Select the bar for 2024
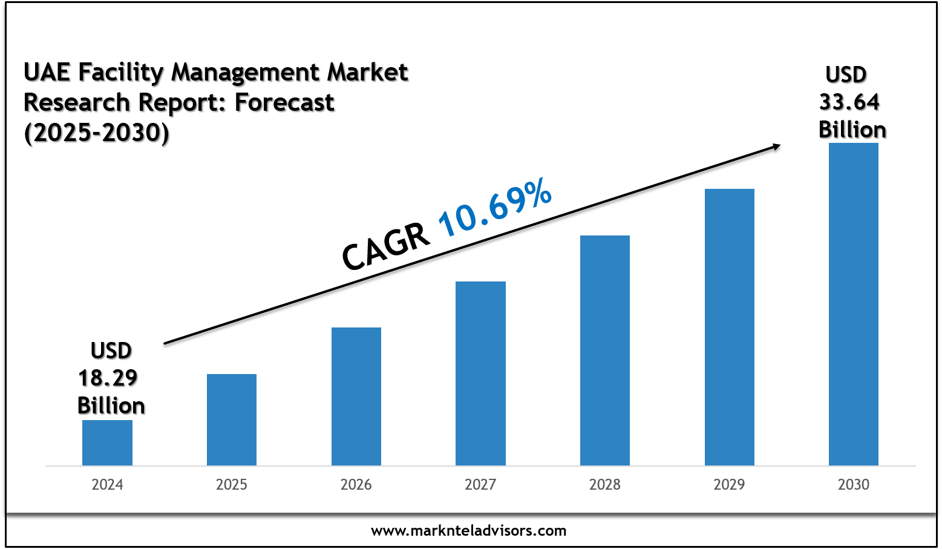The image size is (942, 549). tap(107, 442)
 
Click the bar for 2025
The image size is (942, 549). tap(232, 419)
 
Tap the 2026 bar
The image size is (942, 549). tap(356, 396)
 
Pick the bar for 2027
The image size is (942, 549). tap(480, 373)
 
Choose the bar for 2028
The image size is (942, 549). tap(605, 350)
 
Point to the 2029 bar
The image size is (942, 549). tap(730, 327)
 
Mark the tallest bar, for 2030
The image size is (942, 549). tap(854, 304)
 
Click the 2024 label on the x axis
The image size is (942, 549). tap(107, 484)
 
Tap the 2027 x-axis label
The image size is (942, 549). tap(480, 484)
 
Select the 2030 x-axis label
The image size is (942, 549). tap(854, 484)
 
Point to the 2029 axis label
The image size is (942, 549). tap(730, 484)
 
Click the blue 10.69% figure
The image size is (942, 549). tap(495, 207)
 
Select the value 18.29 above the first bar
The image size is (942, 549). tap(108, 378)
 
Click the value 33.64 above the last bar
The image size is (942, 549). tap(849, 102)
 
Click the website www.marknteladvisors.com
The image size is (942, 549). tap(469, 531)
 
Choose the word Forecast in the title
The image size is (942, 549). tap(284, 102)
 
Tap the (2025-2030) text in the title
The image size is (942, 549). tap(97, 133)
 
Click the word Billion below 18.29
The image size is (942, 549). tap(111, 406)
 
